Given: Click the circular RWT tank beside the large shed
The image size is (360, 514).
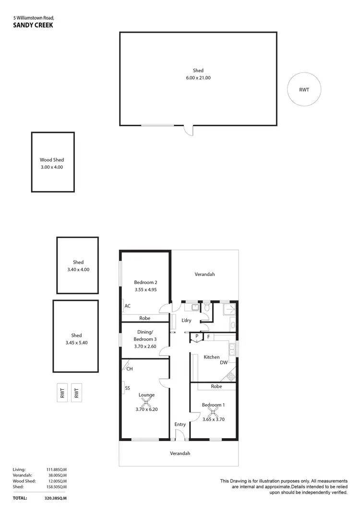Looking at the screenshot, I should (x=303, y=89).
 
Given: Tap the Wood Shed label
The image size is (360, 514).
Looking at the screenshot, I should (x=51, y=160).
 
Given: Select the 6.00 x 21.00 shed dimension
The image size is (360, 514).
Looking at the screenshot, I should (x=198, y=78).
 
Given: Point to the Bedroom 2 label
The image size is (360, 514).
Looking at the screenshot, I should (x=145, y=282).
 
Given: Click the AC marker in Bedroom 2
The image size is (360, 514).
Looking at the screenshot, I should (x=127, y=306).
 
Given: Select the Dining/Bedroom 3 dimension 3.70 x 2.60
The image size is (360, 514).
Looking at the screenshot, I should (x=145, y=346).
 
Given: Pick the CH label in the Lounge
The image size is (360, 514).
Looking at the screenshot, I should (x=130, y=369).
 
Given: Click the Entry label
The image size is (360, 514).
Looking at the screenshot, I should (x=180, y=424).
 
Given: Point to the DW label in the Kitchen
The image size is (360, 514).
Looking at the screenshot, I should (x=224, y=363).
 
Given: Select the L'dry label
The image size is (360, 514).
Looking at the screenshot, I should (x=186, y=320).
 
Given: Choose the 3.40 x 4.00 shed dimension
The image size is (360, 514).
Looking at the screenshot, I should (x=78, y=270).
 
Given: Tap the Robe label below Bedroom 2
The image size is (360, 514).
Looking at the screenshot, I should (x=145, y=318).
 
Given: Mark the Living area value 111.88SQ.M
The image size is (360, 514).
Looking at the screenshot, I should (x=54, y=469).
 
